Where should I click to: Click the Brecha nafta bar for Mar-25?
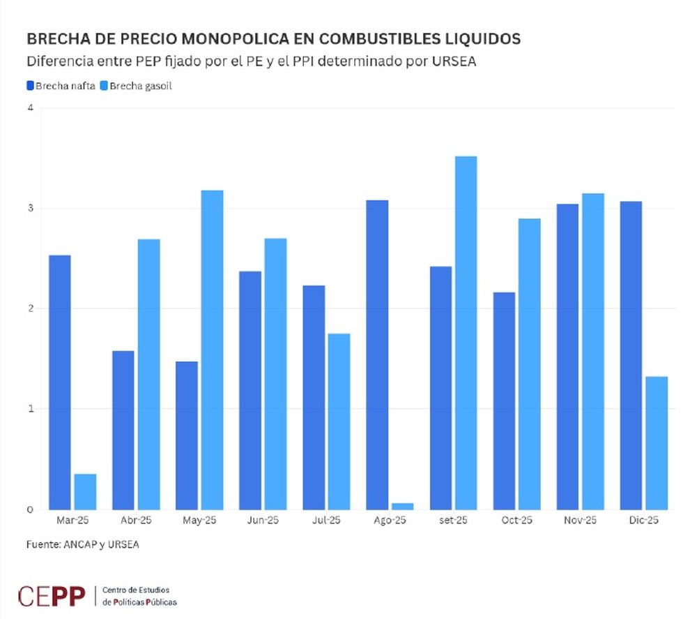[x=60, y=382]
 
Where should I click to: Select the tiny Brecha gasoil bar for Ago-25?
[x=402, y=506]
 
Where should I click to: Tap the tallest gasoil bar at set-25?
[x=466, y=333]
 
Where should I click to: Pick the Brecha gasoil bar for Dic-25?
[x=656, y=443]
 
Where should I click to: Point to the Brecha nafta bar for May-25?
[x=187, y=435]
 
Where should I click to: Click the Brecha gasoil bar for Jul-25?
[x=339, y=422]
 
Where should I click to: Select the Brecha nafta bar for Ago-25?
[x=377, y=355]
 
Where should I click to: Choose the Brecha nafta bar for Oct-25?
[x=504, y=401]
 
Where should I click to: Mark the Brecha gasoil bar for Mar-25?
[x=85, y=492]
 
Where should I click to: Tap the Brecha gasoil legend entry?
[x=137, y=87]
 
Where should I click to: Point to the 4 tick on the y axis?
[x=31, y=107]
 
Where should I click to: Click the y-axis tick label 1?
[x=31, y=409]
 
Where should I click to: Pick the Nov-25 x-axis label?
[x=581, y=521]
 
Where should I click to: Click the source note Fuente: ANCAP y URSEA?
[x=82, y=544]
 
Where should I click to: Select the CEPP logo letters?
[x=52, y=596]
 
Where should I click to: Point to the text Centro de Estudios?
[x=136, y=590]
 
